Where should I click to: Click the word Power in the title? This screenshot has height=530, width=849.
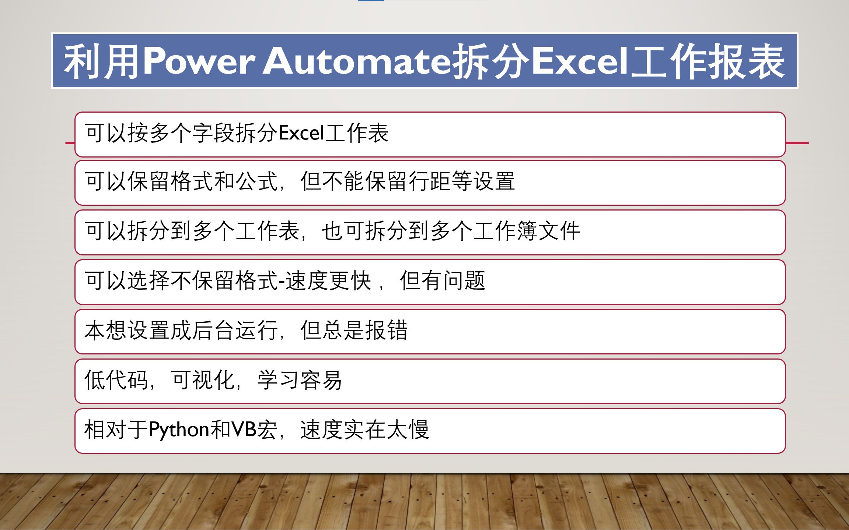[x=198, y=61]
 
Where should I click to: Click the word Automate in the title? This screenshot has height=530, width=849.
[x=357, y=61]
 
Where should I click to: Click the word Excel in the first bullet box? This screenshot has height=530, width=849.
[x=301, y=133]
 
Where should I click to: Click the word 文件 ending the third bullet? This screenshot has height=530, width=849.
[x=559, y=231]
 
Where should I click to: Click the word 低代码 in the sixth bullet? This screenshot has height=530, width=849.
[x=116, y=380]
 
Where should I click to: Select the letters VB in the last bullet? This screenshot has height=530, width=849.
[x=244, y=429]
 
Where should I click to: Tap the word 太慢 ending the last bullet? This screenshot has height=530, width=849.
[x=408, y=429]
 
